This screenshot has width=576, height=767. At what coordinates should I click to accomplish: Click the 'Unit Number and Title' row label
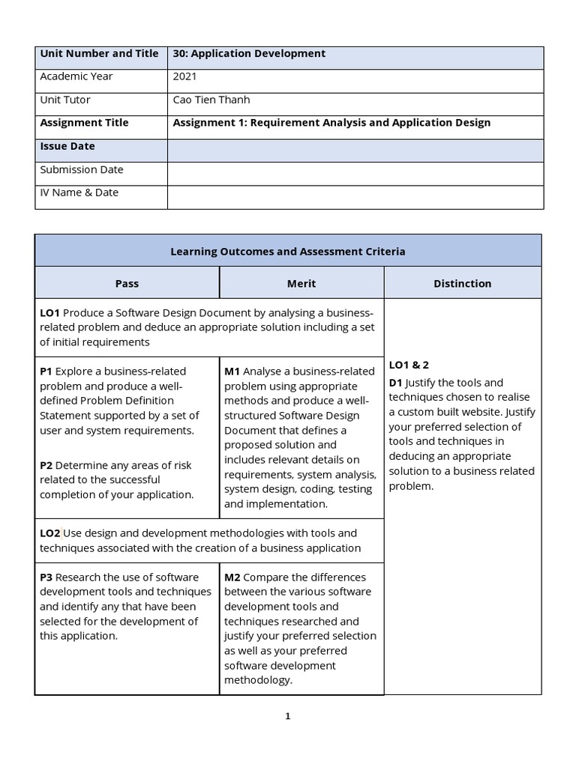pos(99,54)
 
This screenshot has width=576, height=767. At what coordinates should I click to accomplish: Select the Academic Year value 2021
pos(185,76)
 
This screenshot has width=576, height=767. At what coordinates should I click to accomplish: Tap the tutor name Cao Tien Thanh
pos(211,100)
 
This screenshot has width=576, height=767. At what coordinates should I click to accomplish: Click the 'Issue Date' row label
pos(67,146)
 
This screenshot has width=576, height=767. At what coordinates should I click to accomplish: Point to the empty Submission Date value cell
pos(355,173)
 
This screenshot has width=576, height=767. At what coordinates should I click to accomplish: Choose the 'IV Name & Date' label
pos(79,192)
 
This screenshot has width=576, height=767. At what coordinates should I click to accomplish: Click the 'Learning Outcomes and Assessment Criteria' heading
pos(288,252)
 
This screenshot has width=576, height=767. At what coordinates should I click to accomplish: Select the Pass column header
pos(127,284)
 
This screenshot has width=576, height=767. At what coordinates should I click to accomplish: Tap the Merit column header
pos(301,284)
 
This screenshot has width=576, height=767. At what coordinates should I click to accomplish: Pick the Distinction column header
pos(463,284)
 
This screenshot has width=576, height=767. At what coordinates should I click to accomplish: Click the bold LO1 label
pos(50,312)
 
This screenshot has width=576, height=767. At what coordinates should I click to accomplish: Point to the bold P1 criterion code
pos(46,372)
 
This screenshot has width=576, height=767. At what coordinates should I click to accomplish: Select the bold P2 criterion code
pos(46,465)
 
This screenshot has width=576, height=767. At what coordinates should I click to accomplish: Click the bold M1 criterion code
pos(232,372)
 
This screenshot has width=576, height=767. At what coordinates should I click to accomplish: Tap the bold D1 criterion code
pos(396,383)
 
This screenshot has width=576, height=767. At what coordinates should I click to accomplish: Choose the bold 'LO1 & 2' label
pos(409,365)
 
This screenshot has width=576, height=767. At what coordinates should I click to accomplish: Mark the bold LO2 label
pos(50,533)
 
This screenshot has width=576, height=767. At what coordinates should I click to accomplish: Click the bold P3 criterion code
pos(46,577)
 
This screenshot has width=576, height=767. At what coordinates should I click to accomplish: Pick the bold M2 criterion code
pos(232,577)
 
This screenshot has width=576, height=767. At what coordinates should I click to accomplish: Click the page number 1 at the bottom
pos(287,716)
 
